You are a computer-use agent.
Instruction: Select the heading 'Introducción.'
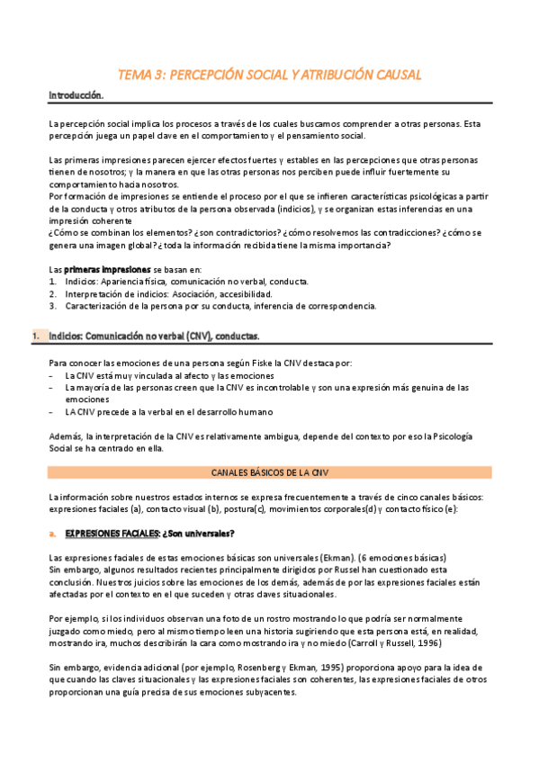pos(76,94)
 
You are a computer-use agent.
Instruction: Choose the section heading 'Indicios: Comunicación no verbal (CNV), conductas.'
pos(155,336)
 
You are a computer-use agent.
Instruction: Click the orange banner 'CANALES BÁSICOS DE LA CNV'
pos(270,471)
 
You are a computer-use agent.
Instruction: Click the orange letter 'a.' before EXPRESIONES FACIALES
pos(53,534)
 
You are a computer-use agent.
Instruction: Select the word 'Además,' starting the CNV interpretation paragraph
pos(67,436)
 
